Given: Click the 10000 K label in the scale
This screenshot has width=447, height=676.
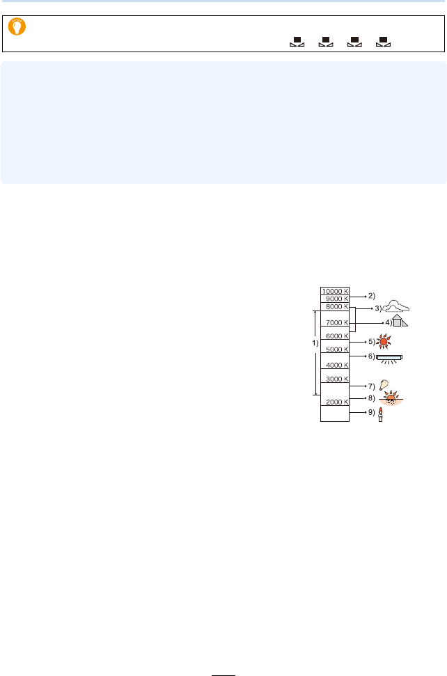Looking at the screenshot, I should (334, 291).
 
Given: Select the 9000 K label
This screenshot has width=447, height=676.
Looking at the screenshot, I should (334, 299).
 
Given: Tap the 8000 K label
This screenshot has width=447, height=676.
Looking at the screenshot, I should (334, 307).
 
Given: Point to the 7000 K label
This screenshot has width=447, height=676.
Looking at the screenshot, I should (334, 323).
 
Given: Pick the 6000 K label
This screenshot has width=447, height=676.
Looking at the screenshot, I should (334, 336).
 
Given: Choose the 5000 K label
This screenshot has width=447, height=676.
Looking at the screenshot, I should (334, 349).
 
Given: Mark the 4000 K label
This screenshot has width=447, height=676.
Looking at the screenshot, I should (334, 365).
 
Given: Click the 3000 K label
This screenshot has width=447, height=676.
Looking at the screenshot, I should (334, 379).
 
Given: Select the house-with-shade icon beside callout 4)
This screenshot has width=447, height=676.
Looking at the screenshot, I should (399, 321).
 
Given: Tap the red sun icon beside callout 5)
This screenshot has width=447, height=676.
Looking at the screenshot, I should (384, 342).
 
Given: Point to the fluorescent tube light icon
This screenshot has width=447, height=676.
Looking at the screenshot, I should (389, 358).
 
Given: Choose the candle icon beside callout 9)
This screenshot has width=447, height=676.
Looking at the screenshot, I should (381, 415).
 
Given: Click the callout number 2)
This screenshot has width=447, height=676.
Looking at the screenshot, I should (371, 296).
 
